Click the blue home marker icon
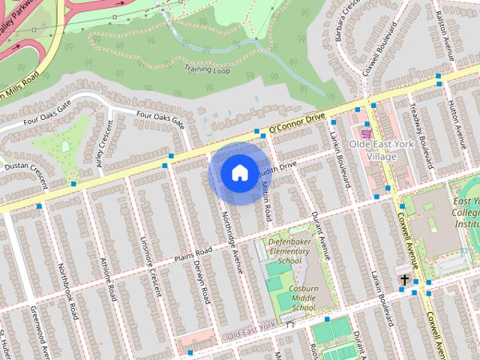coord(238,172)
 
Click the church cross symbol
coord(405,280)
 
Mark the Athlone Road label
coord(109,279)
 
